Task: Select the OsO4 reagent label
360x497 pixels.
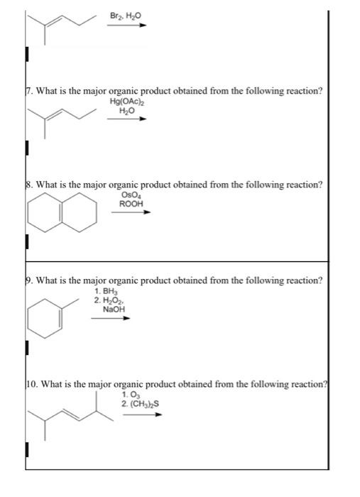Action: tap(131, 195)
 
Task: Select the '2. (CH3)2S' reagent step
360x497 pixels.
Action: tap(140, 404)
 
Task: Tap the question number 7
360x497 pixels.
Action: tap(28, 90)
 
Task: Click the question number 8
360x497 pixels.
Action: tap(28, 184)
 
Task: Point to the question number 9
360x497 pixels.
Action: tap(28, 280)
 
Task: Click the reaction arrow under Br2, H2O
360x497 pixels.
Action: tap(127, 25)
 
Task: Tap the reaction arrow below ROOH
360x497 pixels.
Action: tap(131, 211)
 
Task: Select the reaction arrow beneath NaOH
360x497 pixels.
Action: tap(110, 318)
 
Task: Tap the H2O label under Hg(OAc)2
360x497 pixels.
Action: tap(126, 111)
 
